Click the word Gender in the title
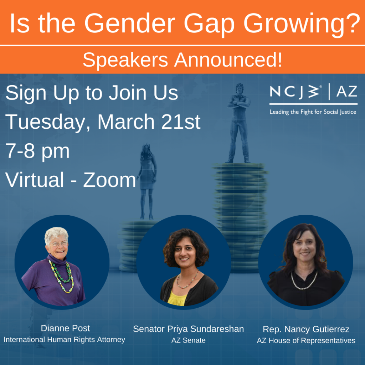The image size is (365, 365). click(x=130, y=24)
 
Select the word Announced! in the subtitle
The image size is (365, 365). click(x=228, y=60)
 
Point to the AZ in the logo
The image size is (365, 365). click(x=347, y=92)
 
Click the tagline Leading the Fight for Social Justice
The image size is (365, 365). click(x=313, y=112)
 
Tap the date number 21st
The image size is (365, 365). click(x=181, y=122)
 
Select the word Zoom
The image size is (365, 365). click(x=110, y=180)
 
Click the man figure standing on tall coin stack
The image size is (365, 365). click(x=238, y=123)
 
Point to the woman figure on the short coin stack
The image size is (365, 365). click(x=147, y=181)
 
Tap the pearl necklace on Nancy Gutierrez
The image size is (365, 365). click(x=304, y=281)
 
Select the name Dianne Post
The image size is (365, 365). click(x=66, y=328)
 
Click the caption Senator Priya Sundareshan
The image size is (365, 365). click(x=189, y=329)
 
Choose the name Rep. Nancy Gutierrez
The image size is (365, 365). click(x=306, y=329)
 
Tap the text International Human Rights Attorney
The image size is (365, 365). click(x=65, y=340)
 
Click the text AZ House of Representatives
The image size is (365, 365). click(x=306, y=340)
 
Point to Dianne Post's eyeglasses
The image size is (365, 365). click(x=60, y=244)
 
